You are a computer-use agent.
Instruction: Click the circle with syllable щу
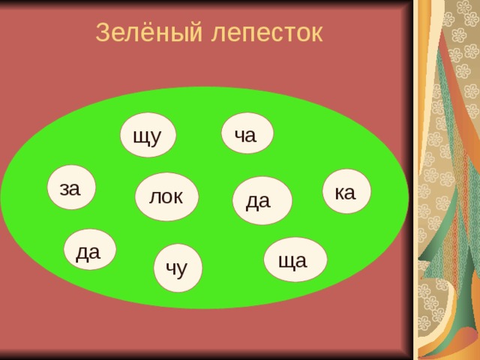point(148,135)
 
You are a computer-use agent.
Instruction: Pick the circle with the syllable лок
point(166,196)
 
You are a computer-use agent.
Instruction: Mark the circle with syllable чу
point(177,268)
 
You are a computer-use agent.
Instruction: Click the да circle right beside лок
point(259,199)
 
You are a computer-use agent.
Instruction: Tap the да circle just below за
point(89,250)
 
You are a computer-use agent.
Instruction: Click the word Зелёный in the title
point(140,32)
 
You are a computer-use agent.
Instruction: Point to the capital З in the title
point(103,32)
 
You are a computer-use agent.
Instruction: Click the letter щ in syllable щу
point(140,136)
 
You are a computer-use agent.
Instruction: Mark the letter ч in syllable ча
point(239,135)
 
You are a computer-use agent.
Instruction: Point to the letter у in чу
point(183,269)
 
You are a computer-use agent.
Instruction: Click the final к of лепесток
point(315,34)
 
